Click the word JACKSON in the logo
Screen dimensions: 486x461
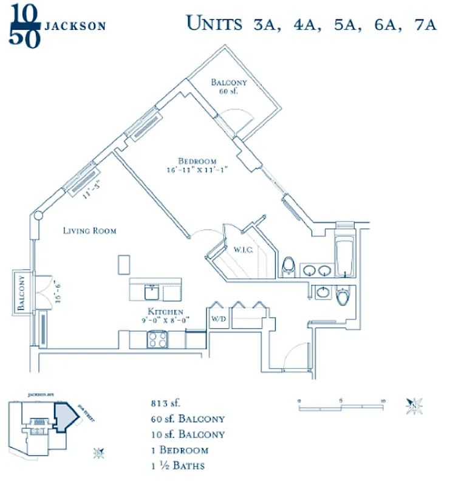[x=76, y=26]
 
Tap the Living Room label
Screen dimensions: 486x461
[x=90, y=231]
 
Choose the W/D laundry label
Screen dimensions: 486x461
[x=217, y=318]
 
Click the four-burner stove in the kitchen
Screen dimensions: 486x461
[x=157, y=339]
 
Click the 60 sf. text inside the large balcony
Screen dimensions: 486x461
[x=228, y=91]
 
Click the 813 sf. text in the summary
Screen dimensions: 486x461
[x=166, y=403]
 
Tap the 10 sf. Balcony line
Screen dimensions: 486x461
[x=187, y=434]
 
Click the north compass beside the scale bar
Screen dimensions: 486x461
[x=415, y=403]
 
